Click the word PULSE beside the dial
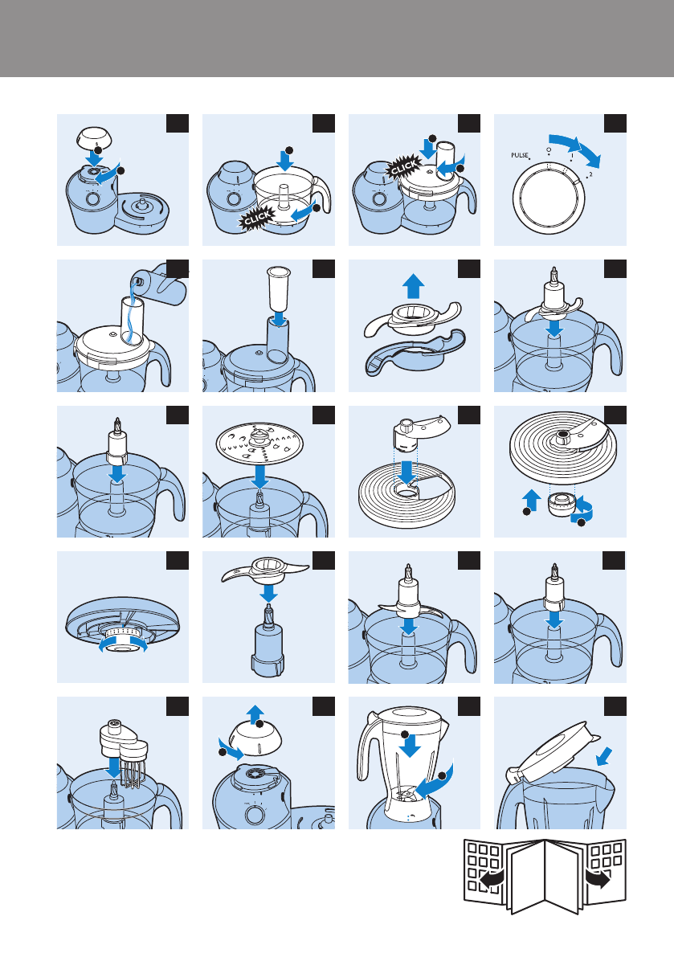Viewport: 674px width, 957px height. (x=520, y=156)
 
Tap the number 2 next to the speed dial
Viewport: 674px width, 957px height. (x=590, y=174)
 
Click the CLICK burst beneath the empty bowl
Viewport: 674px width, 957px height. (x=258, y=218)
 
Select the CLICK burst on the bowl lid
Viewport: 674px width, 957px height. (x=404, y=166)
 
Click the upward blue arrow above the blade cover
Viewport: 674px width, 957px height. (x=415, y=285)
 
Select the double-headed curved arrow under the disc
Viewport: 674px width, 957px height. (x=123, y=644)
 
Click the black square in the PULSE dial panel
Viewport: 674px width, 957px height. (x=615, y=123)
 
